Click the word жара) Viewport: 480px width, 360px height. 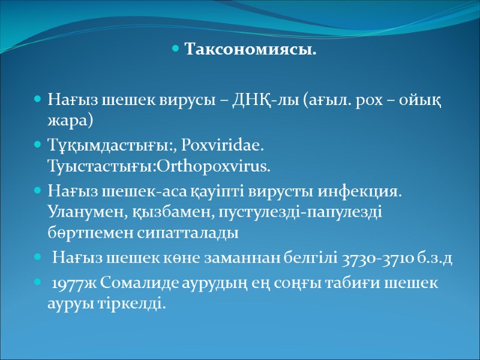click(70, 119)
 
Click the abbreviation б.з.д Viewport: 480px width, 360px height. click(436, 259)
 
